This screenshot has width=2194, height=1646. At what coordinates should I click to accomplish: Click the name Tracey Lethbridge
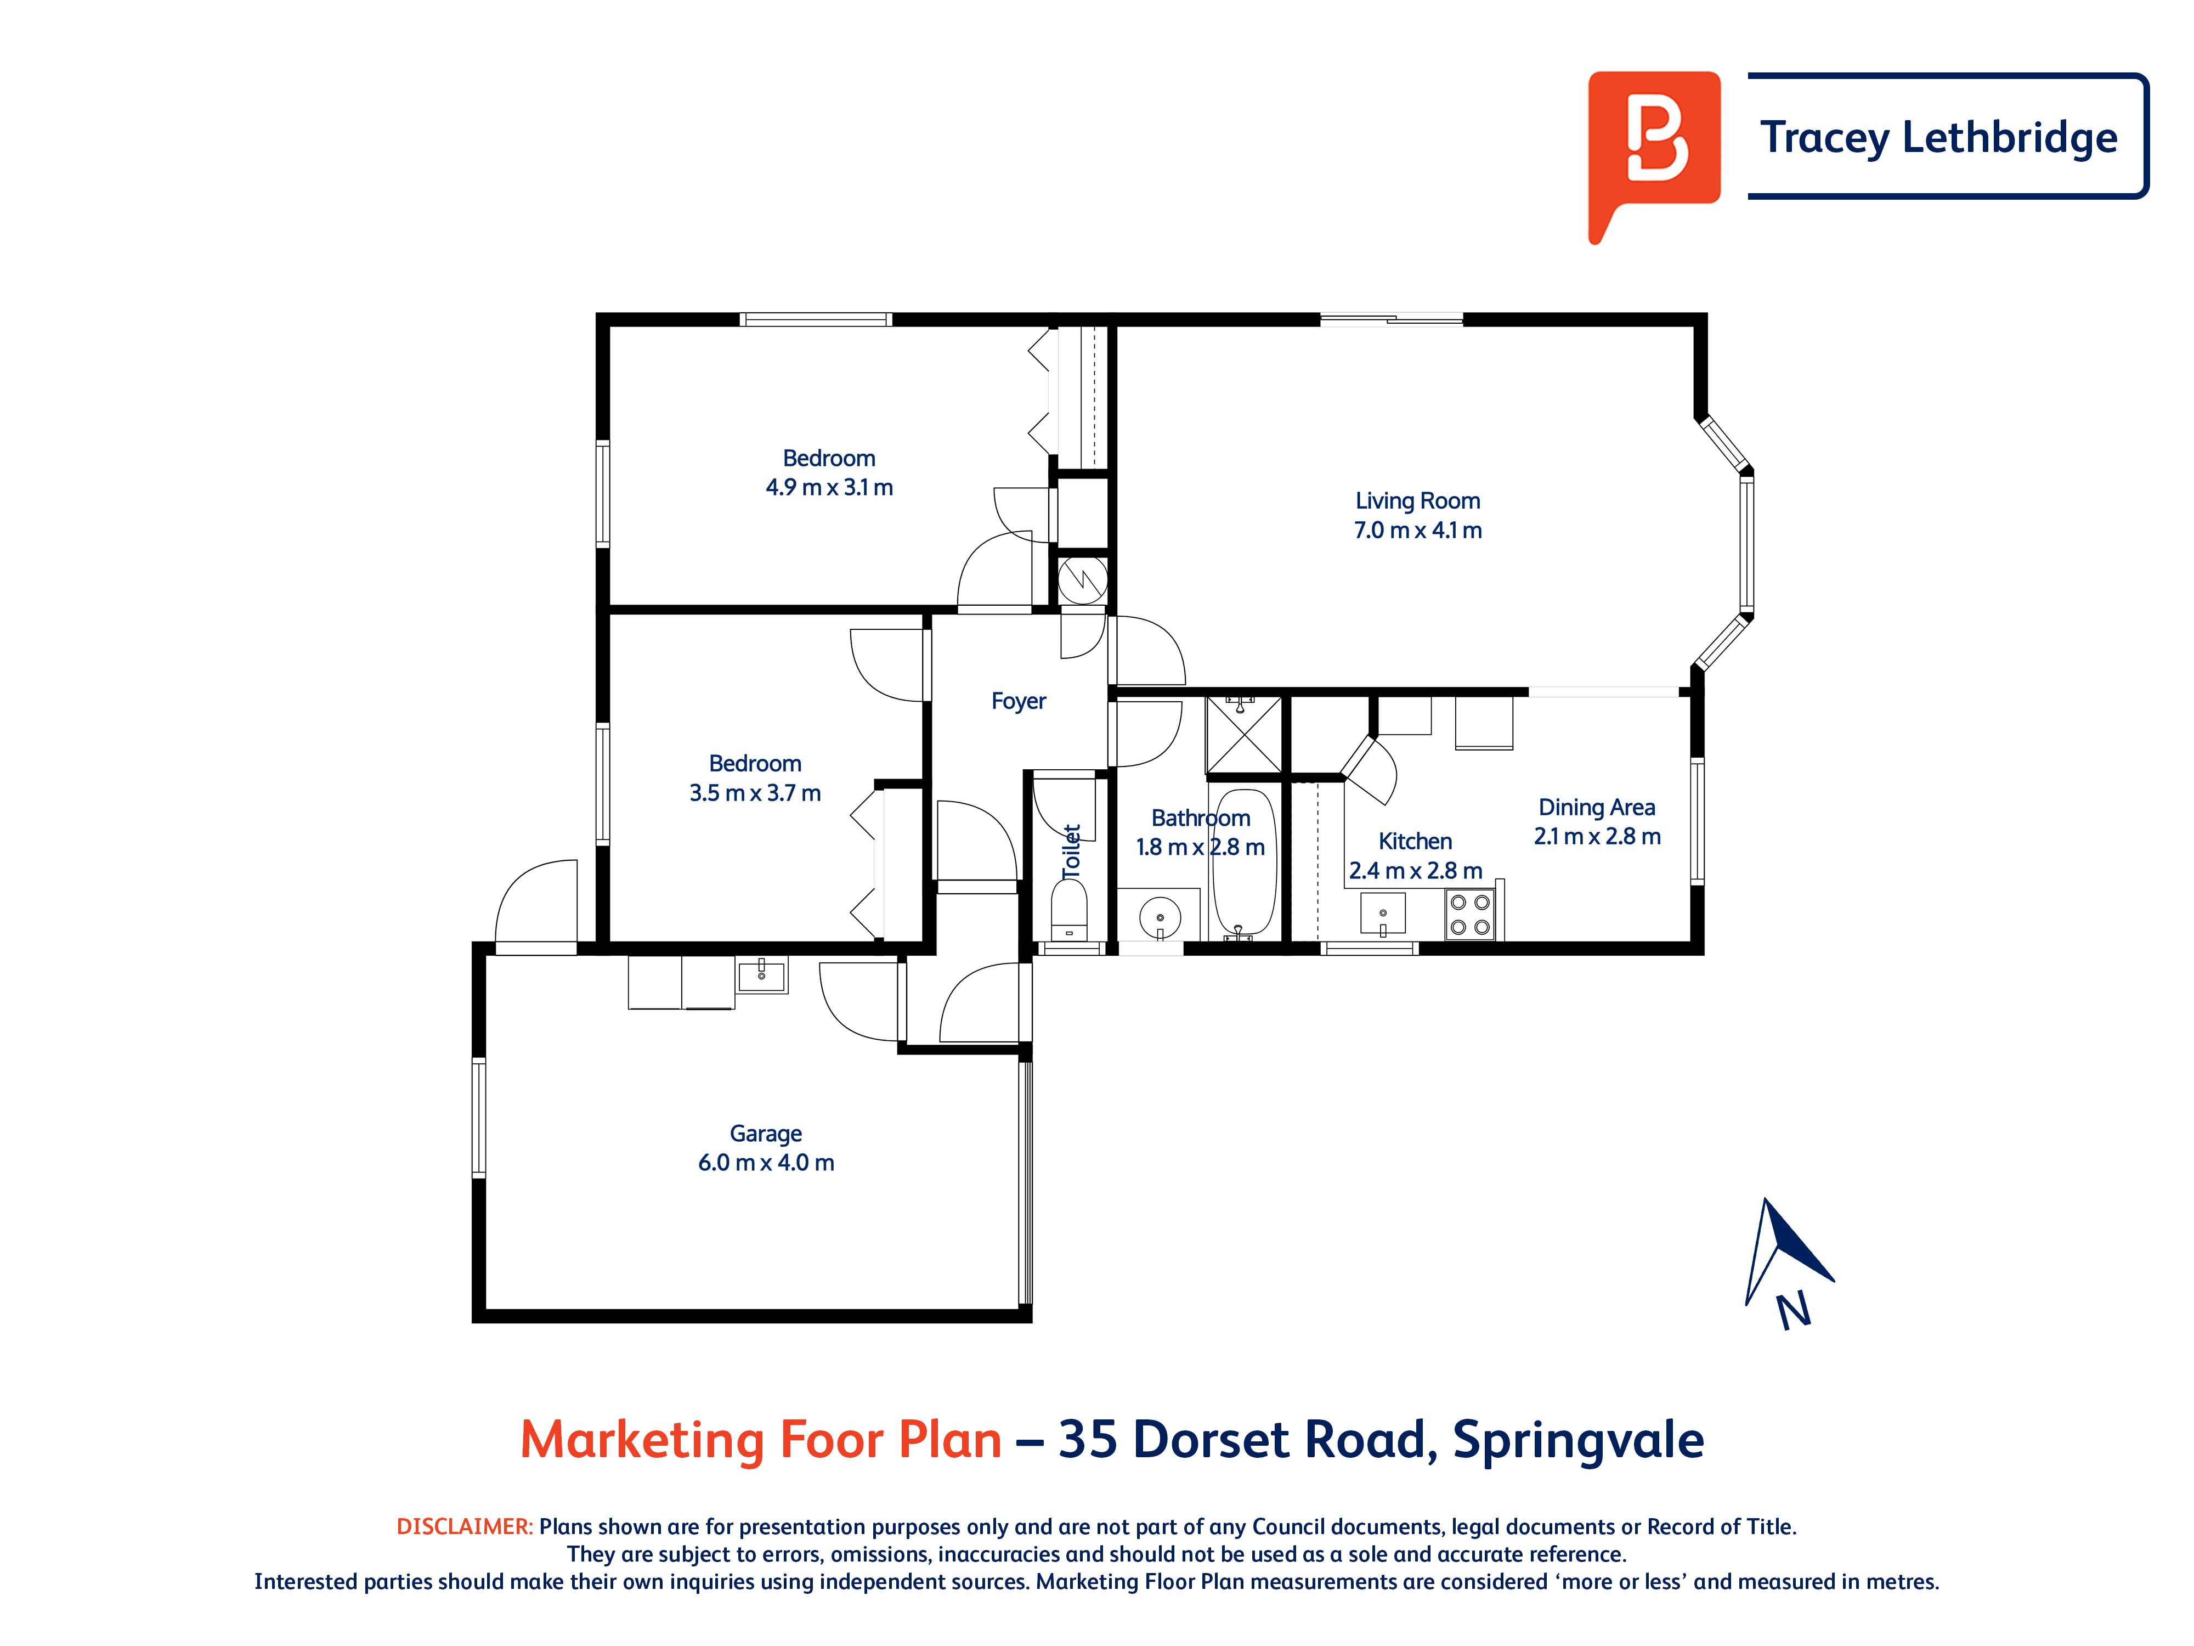tap(1939, 137)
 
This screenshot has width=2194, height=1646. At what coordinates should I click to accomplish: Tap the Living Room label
tap(1417, 501)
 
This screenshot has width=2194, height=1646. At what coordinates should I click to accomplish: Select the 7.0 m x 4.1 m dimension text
tap(1417, 530)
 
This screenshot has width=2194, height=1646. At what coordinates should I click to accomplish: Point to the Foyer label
tap(1019, 701)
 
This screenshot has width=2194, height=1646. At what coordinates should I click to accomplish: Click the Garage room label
tap(766, 1133)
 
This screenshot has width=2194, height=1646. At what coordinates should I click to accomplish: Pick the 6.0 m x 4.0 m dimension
tap(766, 1162)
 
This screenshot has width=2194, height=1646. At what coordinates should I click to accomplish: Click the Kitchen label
tap(1415, 841)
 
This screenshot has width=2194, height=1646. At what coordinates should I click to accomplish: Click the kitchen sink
tap(1383, 914)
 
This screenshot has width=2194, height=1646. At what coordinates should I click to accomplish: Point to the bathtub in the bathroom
tap(1244, 862)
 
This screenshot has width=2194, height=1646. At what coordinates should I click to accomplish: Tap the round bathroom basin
tap(1160, 918)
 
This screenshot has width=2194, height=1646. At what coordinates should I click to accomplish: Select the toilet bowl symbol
tap(1068, 908)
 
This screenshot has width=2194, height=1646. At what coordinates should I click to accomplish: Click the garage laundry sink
tap(762, 974)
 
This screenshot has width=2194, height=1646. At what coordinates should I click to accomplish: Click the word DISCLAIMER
tap(464, 1526)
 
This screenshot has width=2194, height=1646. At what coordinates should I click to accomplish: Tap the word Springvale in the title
tap(1578, 1440)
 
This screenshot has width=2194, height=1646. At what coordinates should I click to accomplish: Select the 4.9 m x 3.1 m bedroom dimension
tap(829, 487)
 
